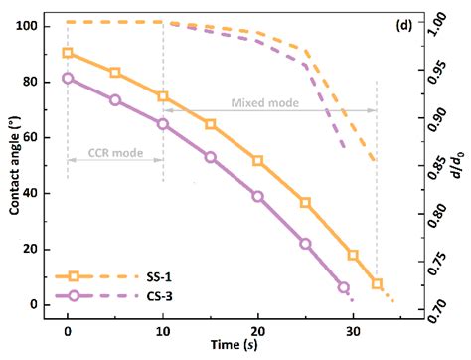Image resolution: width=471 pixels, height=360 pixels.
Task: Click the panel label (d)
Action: [x=404, y=25]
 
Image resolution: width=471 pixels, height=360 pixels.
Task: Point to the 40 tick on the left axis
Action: [x=37, y=193]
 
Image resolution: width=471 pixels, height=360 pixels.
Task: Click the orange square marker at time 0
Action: [x=67, y=53]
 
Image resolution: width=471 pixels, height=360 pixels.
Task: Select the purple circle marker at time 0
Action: [x=67, y=78]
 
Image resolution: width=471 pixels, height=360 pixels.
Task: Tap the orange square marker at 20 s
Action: [x=257, y=160]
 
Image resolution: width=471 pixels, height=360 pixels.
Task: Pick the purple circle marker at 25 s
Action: [x=305, y=244]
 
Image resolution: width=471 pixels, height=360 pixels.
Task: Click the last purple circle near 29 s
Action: [x=344, y=287]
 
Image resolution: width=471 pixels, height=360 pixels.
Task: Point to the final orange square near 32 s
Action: [x=377, y=284]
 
